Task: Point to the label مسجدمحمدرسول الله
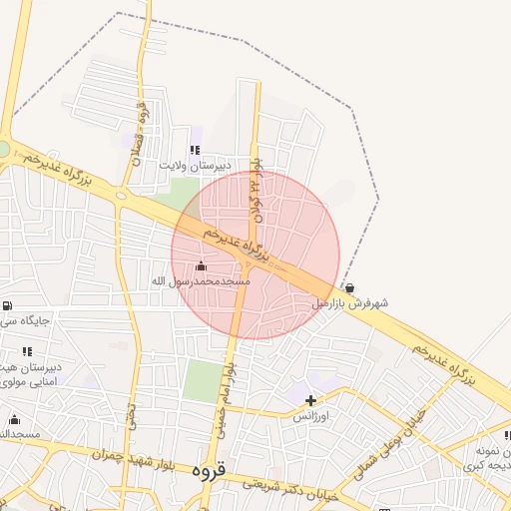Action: coord(200,282)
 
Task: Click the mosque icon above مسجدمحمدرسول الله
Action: coord(201,266)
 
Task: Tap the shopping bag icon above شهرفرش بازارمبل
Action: coord(348,287)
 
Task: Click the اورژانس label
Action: coord(311,416)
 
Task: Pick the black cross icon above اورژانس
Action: coord(311,400)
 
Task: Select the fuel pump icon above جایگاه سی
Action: coord(8,305)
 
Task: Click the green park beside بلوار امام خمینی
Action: coord(204,380)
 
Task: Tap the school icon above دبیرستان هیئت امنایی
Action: coord(27,351)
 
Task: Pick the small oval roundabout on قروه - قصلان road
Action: coord(122,196)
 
